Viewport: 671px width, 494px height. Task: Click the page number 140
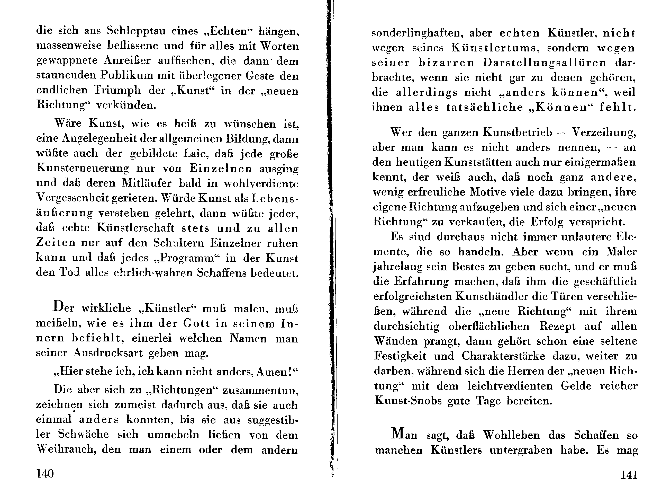(x=45, y=474)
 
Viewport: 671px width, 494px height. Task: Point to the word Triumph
(x=117, y=90)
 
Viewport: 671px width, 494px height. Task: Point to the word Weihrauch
(x=66, y=449)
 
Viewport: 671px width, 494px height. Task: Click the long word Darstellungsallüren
(x=545, y=63)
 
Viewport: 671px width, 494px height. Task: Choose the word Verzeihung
(x=603, y=133)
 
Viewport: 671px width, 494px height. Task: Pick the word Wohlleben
(x=511, y=435)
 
